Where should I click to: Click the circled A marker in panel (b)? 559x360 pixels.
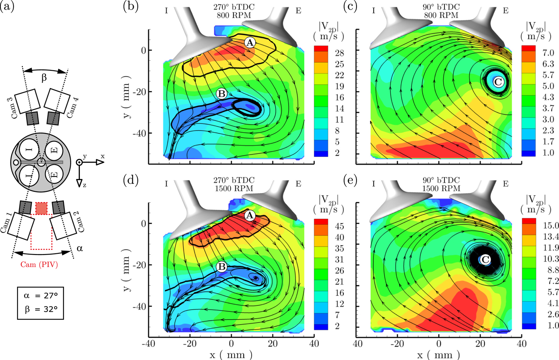pyautogui.click(x=250, y=42)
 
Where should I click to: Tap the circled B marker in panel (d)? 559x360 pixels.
pyautogui.click(x=221, y=267)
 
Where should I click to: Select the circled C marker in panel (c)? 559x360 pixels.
pyautogui.click(x=498, y=82)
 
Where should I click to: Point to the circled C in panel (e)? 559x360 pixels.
pyautogui.click(x=485, y=260)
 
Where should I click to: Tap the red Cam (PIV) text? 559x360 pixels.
pyautogui.click(x=39, y=264)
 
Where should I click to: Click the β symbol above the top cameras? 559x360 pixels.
pyautogui.click(x=44, y=78)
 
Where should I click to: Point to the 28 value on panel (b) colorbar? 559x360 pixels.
pyautogui.click(x=339, y=53)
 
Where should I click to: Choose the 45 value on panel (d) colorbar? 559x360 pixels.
pyautogui.click(x=339, y=226)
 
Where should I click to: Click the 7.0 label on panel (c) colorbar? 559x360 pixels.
pyautogui.click(x=548, y=53)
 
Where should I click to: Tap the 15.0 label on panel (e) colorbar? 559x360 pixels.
pyautogui.click(x=551, y=226)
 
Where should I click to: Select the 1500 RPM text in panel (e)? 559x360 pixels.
pyautogui.click(x=441, y=188)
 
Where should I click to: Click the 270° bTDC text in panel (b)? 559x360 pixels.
pyautogui.click(x=234, y=7)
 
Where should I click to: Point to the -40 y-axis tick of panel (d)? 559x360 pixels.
pyautogui.click(x=139, y=306)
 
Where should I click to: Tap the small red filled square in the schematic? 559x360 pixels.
pyautogui.click(x=41, y=208)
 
